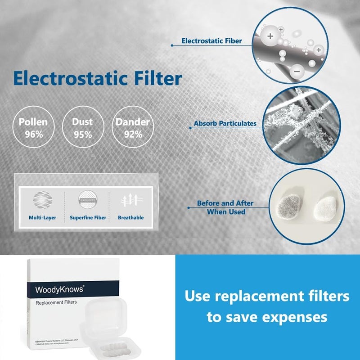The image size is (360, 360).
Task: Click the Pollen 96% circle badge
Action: [x=33, y=127]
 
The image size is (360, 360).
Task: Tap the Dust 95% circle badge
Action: [x=82, y=127]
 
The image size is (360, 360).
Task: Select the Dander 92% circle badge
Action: [x=132, y=127]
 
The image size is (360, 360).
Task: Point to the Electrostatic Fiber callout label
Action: [x=211, y=41]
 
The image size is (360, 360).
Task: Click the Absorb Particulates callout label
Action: [x=225, y=123]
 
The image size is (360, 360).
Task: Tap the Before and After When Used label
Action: [x=225, y=207]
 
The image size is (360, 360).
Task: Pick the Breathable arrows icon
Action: [x=130, y=199]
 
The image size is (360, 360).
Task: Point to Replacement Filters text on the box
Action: [x=56, y=302]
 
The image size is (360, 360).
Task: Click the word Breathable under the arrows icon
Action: [x=130, y=218]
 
